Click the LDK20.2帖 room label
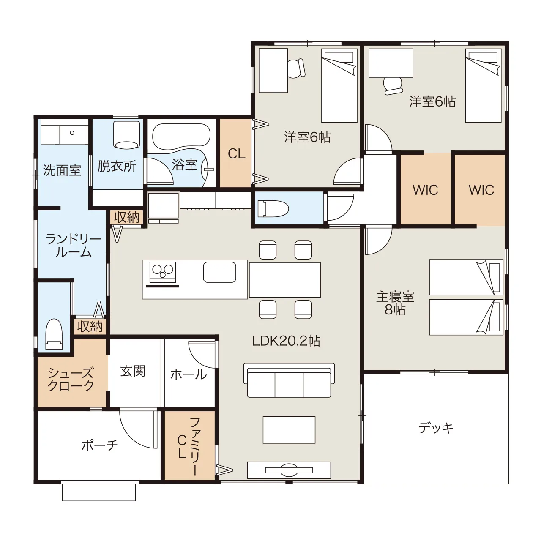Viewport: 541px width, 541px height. tap(286, 341)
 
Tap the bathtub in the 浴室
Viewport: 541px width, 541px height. tap(181, 136)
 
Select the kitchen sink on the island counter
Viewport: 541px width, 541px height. tap(219, 272)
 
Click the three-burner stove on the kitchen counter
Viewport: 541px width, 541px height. tap(163, 273)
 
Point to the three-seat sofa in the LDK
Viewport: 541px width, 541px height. tap(289, 381)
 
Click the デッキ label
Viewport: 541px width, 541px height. tap(436, 428)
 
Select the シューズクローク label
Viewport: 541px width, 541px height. tap(71, 380)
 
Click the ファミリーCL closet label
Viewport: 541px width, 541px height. tap(189, 447)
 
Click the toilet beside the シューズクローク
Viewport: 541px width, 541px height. tap(54, 334)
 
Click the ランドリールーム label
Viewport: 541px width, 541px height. tap(73, 246)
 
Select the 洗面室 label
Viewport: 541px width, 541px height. tap(62, 170)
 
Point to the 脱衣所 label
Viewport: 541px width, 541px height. tap(117, 166)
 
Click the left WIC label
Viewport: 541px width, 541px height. tap(425, 190)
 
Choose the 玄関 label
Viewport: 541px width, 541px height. tap(133, 371)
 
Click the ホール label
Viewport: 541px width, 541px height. tap(189, 374)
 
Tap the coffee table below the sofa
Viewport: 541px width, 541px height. tap(289, 430)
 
